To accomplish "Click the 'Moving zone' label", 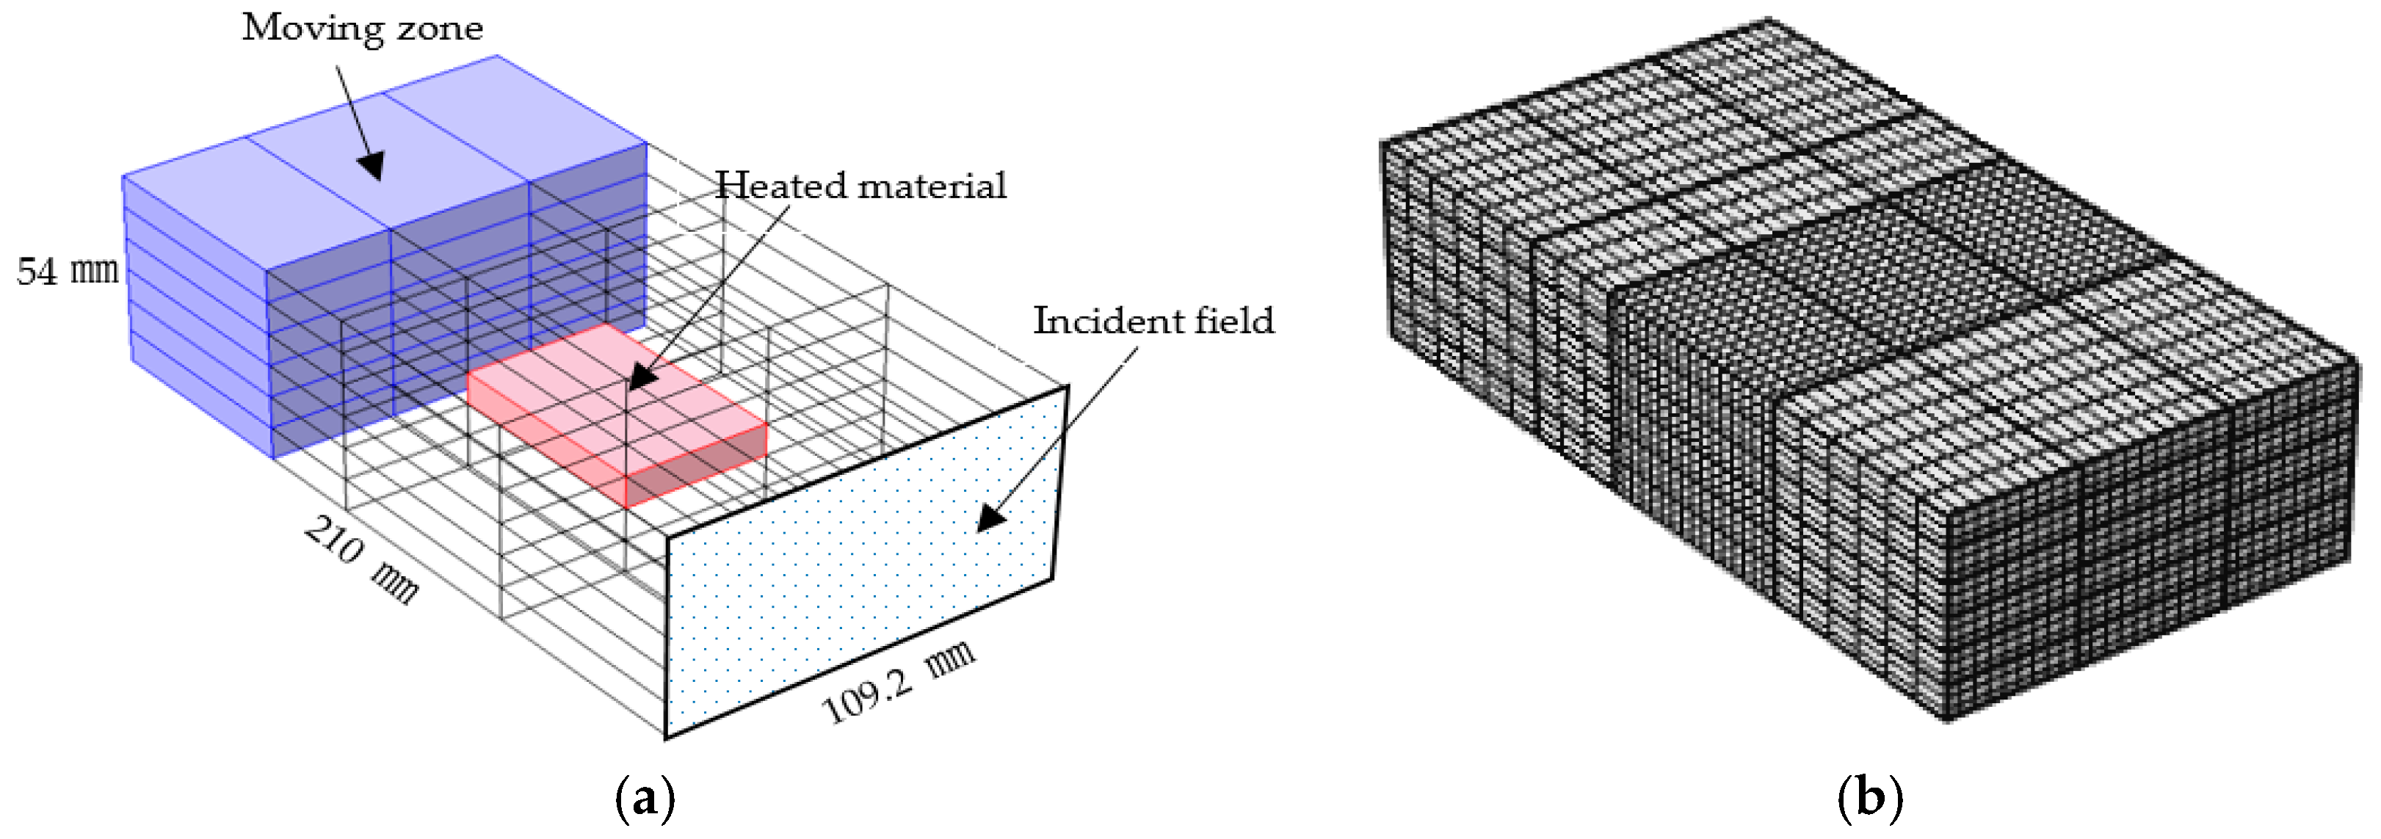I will tap(363, 28).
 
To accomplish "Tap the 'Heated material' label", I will tap(860, 186).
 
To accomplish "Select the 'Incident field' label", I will tap(1153, 321).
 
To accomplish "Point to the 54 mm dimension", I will tap(68, 271).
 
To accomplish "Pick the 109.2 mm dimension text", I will tap(897, 682).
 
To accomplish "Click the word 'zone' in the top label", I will tap(439, 28).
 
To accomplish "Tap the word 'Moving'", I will tap(313, 28).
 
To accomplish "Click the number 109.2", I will tap(868, 697).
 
